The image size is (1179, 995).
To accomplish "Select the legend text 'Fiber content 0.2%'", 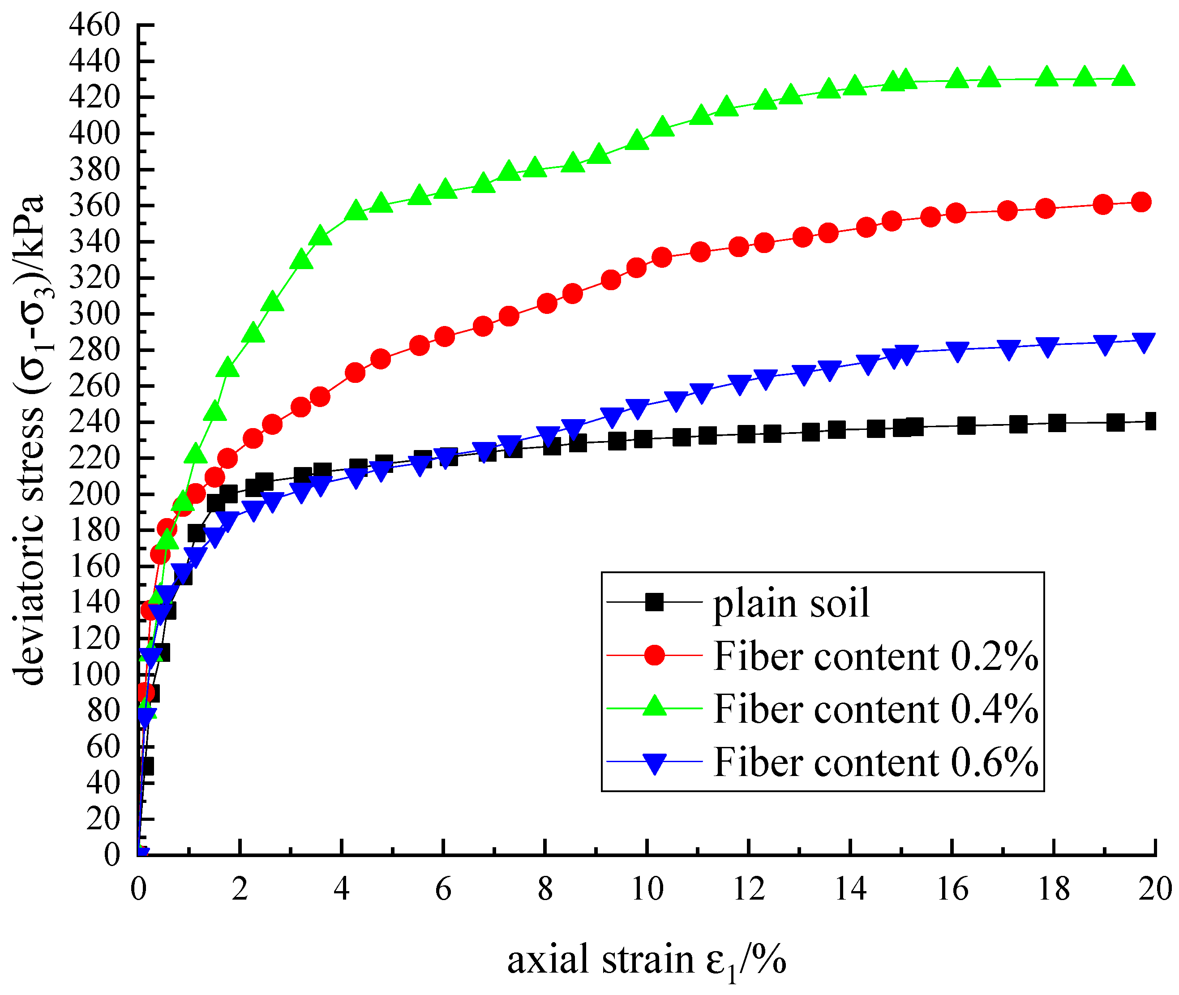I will (875, 656).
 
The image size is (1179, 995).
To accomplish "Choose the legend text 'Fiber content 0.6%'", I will (875, 763).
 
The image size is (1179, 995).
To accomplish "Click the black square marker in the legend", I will (654, 602).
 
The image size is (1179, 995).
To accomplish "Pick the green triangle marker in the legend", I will (654, 706).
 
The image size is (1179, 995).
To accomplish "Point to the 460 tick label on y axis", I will (95, 26).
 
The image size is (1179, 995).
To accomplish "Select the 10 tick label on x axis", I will (647, 890).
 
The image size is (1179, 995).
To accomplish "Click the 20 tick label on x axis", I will (1155, 890).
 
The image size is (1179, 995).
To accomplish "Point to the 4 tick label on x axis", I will (342, 890).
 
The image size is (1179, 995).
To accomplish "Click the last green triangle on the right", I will (1123, 76).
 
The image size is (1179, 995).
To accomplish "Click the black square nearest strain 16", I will (966, 426).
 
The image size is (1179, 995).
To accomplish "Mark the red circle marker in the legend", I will (654, 656).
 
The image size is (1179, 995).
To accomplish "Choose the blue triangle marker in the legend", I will (654, 764).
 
